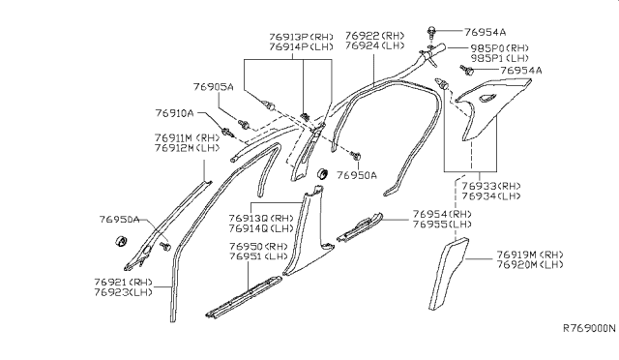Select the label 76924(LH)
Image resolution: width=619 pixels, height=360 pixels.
tap(375, 45)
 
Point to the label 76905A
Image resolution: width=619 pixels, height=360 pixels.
tap(213, 86)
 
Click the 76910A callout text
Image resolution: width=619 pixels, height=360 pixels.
tap(178, 113)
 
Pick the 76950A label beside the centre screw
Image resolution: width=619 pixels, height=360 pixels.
tap(357, 175)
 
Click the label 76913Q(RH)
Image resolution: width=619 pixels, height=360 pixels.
tap(261, 219)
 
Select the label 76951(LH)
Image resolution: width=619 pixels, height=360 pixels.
tap(259, 258)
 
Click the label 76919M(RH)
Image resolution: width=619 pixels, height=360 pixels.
tap(530, 255)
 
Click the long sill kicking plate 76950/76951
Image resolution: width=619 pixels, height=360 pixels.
tap(244, 294)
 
